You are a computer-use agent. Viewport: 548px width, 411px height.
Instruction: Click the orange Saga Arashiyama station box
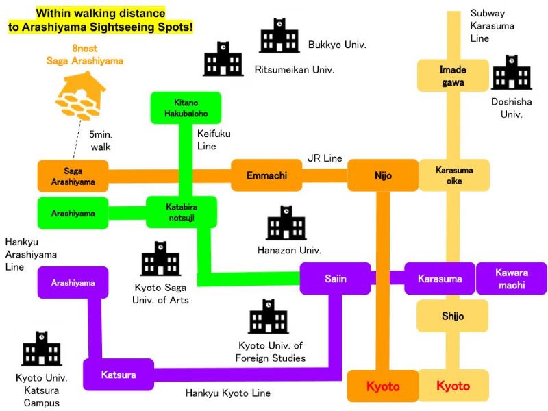(73, 176)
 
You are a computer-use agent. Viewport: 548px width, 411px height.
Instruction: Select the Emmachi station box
(266, 175)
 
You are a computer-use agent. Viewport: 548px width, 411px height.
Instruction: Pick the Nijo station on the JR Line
(383, 175)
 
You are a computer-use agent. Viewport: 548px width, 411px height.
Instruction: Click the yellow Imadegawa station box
(453, 76)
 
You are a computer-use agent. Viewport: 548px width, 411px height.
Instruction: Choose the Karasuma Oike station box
(453, 175)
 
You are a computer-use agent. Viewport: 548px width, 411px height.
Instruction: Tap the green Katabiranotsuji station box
(182, 212)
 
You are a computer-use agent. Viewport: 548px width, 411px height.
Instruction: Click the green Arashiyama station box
(73, 213)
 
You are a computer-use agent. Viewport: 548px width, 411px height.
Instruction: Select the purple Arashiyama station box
(73, 282)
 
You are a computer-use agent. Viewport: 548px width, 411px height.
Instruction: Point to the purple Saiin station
(335, 279)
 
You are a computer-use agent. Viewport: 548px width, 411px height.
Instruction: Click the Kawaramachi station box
(512, 279)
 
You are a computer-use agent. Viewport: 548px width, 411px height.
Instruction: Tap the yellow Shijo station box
(453, 316)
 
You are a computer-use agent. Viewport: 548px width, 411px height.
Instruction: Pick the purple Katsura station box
(119, 375)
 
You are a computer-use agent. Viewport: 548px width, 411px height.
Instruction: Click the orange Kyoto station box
(382, 386)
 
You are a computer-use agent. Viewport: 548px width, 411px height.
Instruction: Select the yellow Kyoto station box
(453, 386)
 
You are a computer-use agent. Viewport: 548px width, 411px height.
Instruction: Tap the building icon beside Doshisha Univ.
(511, 73)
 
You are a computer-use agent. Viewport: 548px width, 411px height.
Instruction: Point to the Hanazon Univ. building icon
(286, 223)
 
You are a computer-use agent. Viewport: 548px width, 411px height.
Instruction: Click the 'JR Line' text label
(325, 158)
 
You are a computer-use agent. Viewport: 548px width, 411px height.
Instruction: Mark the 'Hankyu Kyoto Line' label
(227, 393)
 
